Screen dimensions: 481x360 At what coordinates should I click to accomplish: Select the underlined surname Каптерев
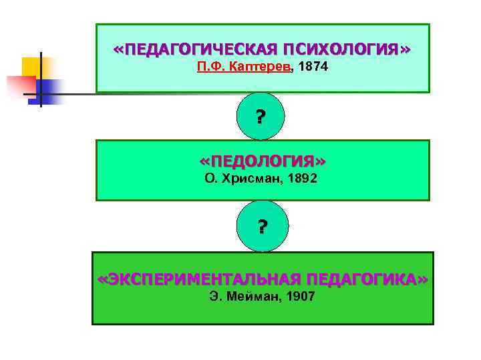coord(261,68)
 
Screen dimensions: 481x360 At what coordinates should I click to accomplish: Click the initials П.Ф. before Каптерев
coord(213,68)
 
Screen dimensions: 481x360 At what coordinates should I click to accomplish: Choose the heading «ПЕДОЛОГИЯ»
coord(263,162)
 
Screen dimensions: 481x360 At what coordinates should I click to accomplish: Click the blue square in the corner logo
coord(49,89)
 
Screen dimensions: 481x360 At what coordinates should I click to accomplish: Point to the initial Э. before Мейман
coord(216,295)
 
